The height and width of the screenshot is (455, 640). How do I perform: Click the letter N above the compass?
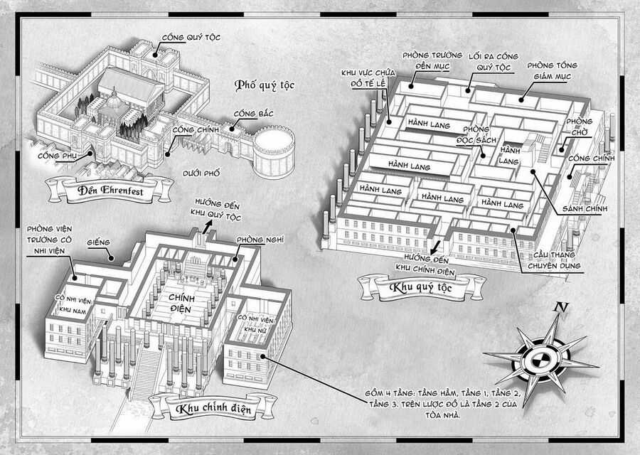562,309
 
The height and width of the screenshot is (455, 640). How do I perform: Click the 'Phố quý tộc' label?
264,86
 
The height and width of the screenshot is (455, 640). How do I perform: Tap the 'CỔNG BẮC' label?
251,114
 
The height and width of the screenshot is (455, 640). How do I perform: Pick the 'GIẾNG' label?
100,242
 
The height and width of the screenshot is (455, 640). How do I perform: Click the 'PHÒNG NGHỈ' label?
256,240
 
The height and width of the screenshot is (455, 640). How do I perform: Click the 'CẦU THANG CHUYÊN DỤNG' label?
560,261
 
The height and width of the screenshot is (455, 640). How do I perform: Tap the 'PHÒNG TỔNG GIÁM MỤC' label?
552,71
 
